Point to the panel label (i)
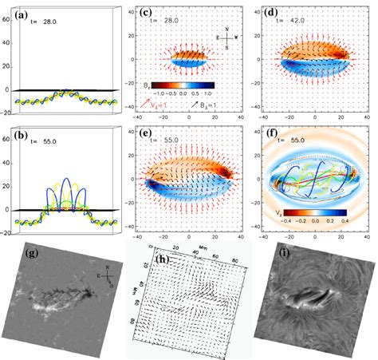(x=270, y=257)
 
